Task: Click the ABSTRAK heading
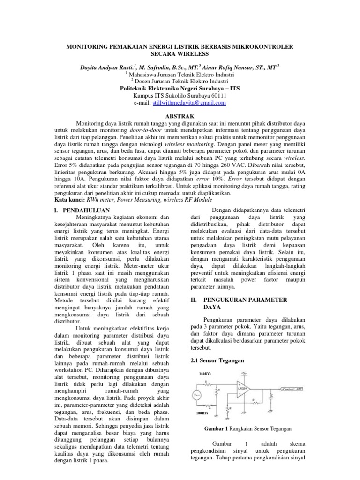[x=180, y=116]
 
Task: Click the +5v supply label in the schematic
[x=244, y=374]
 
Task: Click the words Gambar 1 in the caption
[x=216, y=428]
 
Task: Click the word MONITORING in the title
[x=91, y=48]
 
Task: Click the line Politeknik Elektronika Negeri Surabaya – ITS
[x=180, y=88]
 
